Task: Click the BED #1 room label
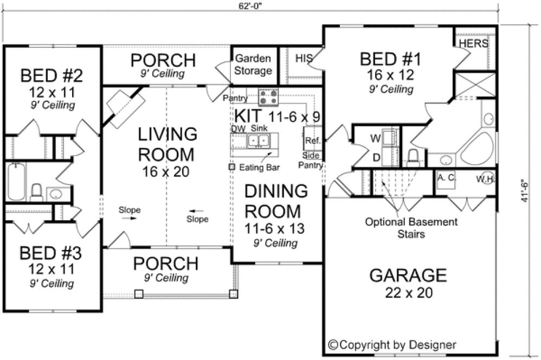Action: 387,59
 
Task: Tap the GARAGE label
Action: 408,275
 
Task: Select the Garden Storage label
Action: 253,65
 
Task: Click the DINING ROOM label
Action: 275,201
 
